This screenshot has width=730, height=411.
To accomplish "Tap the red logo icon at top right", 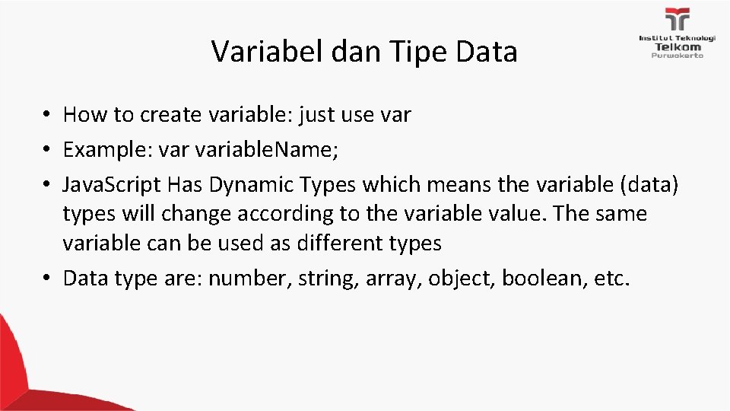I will (x=677, y=20).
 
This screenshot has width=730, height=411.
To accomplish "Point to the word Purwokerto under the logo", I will (x=677, y=55).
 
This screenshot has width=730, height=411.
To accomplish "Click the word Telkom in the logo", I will (x=677, y=46).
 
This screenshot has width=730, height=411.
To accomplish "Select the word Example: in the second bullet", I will (x=107, y=149).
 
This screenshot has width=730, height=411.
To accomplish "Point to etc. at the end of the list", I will (x=613, y=279).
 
